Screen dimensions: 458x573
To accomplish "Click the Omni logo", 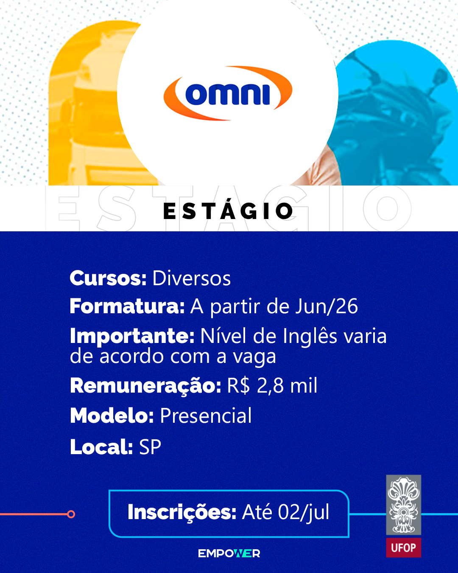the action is pyautogui.click(x=228, y=93).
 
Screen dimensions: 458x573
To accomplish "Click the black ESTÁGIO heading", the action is pyautogui.click(x=228, y=211).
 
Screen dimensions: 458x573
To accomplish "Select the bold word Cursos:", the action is pyautogui.click(x=108, y=278).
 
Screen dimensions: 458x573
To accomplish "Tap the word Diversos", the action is pyautogui.click(x=191, y=278).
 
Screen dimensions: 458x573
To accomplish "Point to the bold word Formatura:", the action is pyautogui.click(x=127, y=306).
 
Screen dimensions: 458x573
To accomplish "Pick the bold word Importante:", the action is pyautogui.click(x=132, y=336).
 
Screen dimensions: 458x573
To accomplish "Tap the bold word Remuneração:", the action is pyautogui.click(x=145, y=386).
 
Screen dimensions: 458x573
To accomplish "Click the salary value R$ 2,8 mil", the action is pyautogui.click(x=272, y=386).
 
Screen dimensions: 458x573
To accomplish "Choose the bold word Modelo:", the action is pyautogui.click(x=112, y=416).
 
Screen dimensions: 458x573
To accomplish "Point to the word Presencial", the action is pyautogui.click(x=206, y=416).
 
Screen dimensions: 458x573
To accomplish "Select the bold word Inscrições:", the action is pyautogui.click(x=182, y=512).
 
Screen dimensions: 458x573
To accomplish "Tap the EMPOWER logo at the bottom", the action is pyautogui.click(x=229, y=554).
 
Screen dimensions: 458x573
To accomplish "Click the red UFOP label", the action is pyautogui.click(x=403, y=548).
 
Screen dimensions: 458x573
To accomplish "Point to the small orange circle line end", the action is pyautogui.click(x=71, y=514).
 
